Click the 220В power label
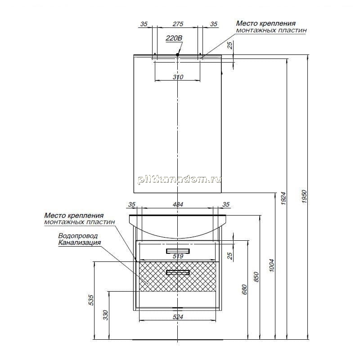[174, 38]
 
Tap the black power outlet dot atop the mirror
[177, 54]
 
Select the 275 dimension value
[178, 24]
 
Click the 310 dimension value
[178, 77]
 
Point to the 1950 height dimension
[304, 196]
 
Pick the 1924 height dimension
[283, 198]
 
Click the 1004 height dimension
[272, 265]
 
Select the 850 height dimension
[256, 277]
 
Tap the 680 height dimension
[244, 289]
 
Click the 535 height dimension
[91, 300]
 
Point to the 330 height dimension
[105, 315]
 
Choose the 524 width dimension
[178, 317]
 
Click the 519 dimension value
[178, 256]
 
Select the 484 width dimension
[178, 204]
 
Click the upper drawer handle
[178, 251]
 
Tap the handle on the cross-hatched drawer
[178, 272]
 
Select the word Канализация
[80, 243]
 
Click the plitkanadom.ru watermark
[179, 180]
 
